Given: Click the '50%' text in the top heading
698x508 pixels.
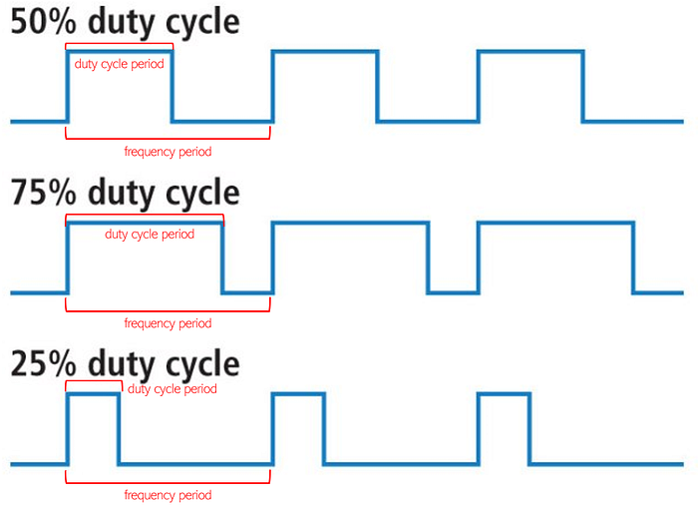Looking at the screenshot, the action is [x=43, y=21].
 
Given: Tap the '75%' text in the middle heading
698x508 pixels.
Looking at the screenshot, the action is [x=43, y=192].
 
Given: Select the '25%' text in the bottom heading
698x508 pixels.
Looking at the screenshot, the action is [x=43, y=363].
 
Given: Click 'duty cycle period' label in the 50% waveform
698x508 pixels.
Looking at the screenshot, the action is [x=119, y=64].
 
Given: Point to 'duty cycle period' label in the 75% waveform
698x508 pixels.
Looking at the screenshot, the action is [x=150, y=235].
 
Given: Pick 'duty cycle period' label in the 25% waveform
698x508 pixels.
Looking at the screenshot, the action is [x=172, y=389].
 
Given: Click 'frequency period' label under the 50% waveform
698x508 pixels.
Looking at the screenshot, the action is [x=168, y=152].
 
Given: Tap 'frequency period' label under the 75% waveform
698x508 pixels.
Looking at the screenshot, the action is [x=168, y=323].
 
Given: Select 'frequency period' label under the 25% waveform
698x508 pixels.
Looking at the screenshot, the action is [x=168, y=495].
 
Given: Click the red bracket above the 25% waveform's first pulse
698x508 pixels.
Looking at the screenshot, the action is [x=94, y=381].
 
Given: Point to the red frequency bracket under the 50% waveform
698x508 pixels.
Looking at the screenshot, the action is [x=168, y=139].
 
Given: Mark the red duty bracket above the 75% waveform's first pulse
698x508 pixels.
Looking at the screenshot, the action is [x=145, y=215].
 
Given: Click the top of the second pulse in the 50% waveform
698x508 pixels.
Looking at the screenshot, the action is [x=325, y=52].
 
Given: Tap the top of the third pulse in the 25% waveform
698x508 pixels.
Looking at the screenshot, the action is [x=504, y=394].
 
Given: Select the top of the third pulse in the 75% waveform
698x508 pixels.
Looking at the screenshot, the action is [x=556, y=223].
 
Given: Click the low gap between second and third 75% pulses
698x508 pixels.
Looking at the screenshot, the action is [x=453, y=292].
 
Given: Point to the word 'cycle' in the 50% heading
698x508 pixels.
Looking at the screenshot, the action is [x=202, y=23].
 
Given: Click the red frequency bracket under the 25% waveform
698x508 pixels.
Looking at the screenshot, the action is [x=168, y=482].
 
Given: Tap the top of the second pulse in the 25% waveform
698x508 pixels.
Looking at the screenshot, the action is [x=299, y=394].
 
